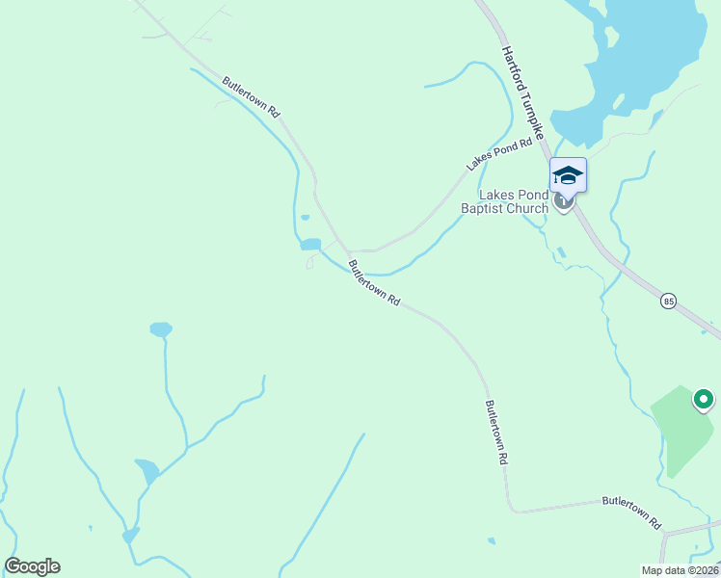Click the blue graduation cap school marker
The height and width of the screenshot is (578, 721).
568,174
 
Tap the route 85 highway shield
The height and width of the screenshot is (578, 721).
668,302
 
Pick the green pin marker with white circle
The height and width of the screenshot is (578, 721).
704,398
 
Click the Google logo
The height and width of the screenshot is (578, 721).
32,566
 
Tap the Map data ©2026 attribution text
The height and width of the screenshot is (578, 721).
679,570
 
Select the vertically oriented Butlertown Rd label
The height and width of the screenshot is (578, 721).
496,433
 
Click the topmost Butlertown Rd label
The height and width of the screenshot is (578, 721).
251,97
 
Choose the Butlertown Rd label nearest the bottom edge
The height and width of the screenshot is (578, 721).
631,512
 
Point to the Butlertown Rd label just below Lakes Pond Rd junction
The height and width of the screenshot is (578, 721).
374,282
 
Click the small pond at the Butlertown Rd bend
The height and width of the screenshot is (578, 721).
310,245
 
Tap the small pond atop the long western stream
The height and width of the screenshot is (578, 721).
161,329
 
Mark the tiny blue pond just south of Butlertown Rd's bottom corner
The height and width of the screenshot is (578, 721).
492,540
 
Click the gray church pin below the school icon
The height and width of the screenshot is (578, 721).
565,203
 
